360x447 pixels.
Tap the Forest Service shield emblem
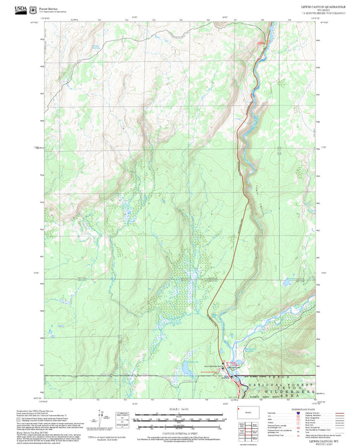[x=33, y=8]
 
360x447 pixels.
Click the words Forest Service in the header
[x=48, y=6]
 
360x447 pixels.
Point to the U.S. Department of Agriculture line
[x=53, y=10]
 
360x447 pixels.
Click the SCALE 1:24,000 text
[x=179, y=409]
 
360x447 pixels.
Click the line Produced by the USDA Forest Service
[x=34, y=409]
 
